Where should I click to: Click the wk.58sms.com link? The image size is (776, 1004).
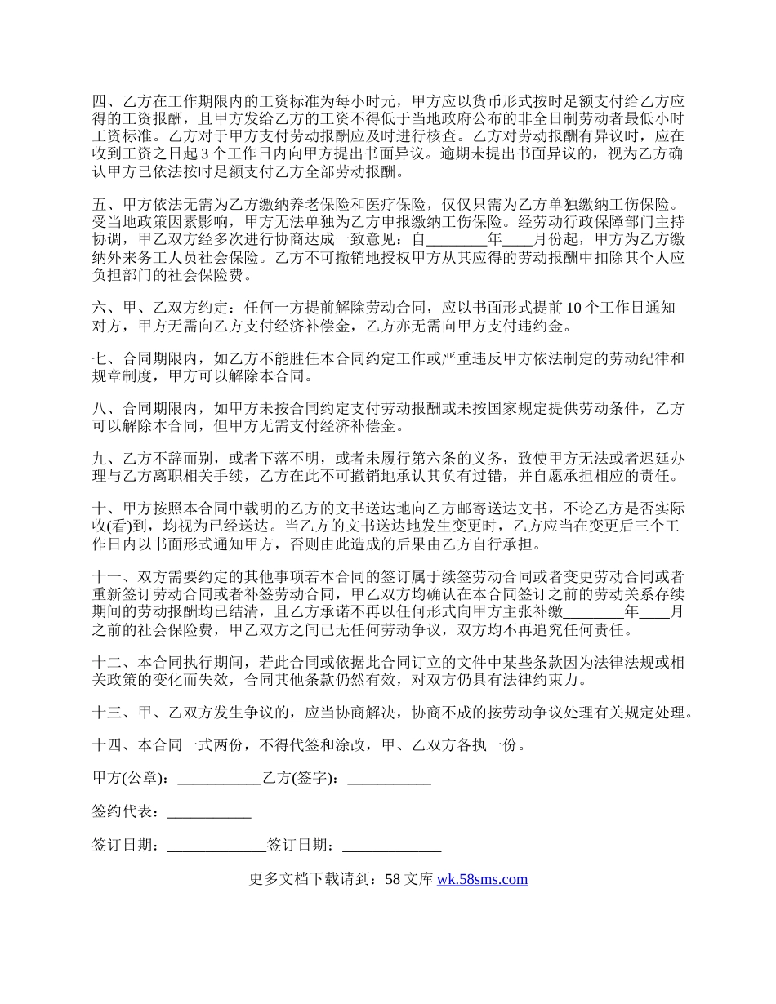click(482, 879)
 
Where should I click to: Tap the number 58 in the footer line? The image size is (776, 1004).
click(392, 879)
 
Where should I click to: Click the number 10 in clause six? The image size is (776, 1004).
click(573, 308)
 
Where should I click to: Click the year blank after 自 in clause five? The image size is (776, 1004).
click(457, 240)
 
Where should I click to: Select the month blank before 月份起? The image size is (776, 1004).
click(517, 240)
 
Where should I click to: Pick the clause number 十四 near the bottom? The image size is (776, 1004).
click(106, 744)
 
